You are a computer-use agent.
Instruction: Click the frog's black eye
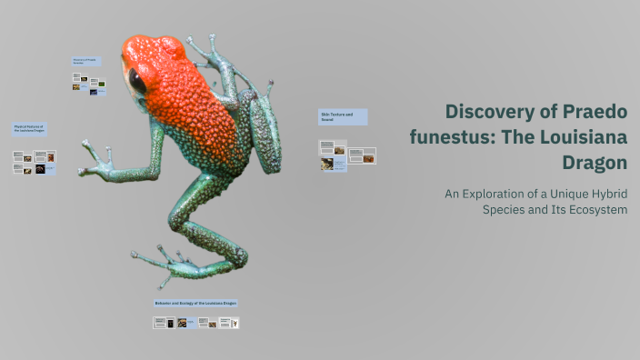(136, 81)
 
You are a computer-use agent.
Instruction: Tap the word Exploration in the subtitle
(498, 194)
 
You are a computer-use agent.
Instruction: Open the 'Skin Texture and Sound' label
(343, 116)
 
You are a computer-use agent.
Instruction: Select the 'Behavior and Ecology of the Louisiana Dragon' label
(196, 303)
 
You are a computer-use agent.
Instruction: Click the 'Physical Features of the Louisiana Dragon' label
(31, 129)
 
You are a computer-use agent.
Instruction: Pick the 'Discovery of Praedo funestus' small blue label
(88, 61)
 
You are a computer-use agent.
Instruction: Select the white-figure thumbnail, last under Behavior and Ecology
(234, 323)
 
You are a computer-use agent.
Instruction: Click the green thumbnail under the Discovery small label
(101, 84)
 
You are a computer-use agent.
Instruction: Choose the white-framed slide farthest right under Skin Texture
(369, 156)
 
